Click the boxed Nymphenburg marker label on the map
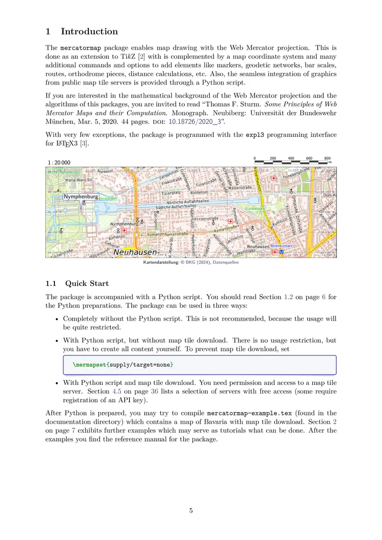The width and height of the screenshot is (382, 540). pyautogui.click(x=81, y=197)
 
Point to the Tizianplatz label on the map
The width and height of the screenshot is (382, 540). pyautogui.click(x=171, y=193)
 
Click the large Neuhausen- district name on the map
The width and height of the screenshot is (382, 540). pyautogui.click(x=137, y=252)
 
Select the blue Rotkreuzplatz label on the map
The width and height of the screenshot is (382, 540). pyautogui.click(x=282, y=246)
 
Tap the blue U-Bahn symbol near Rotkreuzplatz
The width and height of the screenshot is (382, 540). pyautogui.click(x=281, y=252)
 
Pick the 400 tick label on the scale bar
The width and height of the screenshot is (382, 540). pyautogui.click(x=291, y=158)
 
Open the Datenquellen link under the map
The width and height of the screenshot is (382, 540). pyautogui.click(x=225, y=262)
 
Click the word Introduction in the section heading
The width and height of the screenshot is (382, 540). pyautogui.click(x=89, y=32)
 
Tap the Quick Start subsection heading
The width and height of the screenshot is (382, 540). pyautogui.click(x=87, y=284)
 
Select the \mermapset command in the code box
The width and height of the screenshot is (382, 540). pyautogui.click(x=89, y=365)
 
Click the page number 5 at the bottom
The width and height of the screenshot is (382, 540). pyautogui.click(x=191, y=510)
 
